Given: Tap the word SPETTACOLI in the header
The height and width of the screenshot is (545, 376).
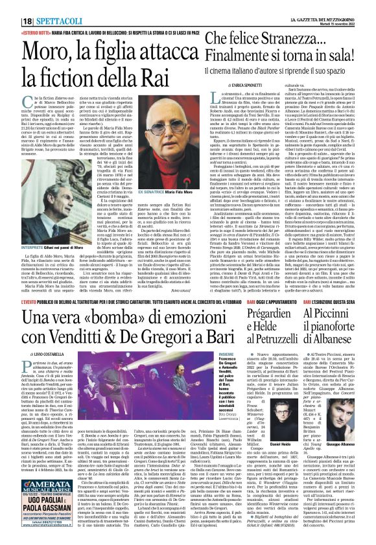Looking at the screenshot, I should click(x=43, y=6).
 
